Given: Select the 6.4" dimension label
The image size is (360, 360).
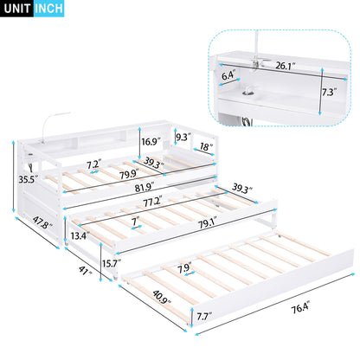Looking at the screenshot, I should (228, 75).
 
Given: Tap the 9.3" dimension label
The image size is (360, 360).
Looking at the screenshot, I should (182, 136).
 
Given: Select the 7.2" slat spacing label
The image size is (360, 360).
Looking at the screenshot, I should (94, 162).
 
